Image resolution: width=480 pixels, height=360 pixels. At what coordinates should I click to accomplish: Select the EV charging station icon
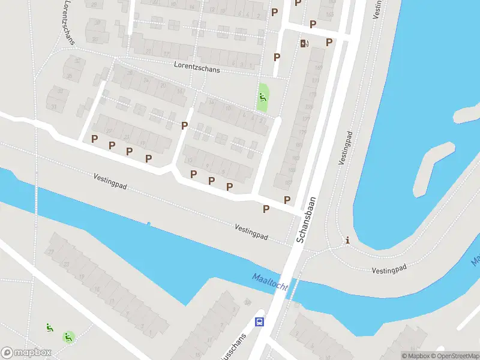tap(304, 43)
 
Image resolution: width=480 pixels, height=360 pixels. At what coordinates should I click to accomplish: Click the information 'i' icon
tap(347, 241)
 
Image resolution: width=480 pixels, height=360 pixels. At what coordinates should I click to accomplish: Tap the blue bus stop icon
tap(259, 322)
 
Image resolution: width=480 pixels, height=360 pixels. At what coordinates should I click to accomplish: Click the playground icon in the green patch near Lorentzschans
tap(262, 97)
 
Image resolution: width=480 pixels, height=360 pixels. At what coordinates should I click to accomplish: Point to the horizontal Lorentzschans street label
tap(197, 67)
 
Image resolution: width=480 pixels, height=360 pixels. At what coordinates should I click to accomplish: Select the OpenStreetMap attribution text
tap(457, 356)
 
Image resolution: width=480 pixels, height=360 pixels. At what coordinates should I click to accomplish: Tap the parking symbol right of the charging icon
tap(329, 42)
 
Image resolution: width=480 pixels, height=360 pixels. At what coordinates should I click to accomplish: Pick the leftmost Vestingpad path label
tap(110, 181)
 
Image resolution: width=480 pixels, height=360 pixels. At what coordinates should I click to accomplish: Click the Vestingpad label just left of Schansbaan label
tap(251, 232)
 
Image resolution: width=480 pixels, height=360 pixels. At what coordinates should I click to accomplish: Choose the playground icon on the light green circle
tap(69, 337)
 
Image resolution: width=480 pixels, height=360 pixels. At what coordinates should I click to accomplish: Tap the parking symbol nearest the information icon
tap(287, 200)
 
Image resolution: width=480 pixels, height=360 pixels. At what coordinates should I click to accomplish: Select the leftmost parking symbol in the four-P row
tap(94, 139)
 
